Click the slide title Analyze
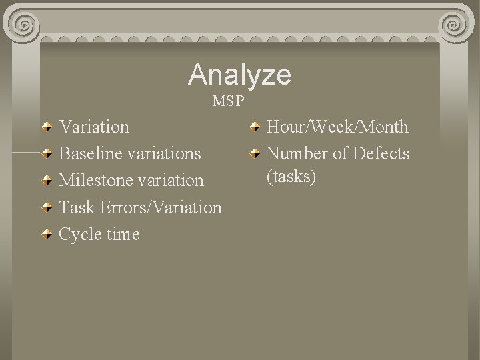[x=239, y=75]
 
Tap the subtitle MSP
[x=229, y=102]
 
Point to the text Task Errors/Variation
[x=140, y=207]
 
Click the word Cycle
[x=79, y=234]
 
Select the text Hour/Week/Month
[x=337, y=127]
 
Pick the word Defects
[x=381, y=153]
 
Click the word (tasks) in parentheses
[x=291, y=177]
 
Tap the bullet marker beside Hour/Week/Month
[x=255, y=127]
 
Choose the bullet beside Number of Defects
[x=255, y=154]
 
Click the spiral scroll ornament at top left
[x=24, y=25]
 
